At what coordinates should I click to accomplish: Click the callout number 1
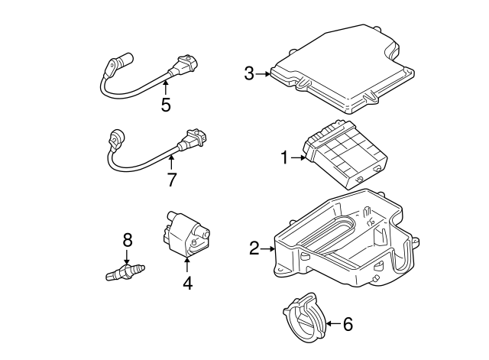pos(284,158)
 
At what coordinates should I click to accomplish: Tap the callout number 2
pos(254,248)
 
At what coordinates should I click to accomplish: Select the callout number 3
pos(249,73)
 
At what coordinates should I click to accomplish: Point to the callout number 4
pos(186,283)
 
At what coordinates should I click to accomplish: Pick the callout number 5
pos(166,105)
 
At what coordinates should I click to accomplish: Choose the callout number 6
pos(348,324)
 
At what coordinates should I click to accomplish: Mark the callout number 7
pos(171,180)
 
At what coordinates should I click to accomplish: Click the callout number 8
pos(128,240)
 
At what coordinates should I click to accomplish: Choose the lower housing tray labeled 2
pos(344,245)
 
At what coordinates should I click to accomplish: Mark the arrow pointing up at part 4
pos(186,264)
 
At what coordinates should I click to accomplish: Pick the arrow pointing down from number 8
pos(128,257)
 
